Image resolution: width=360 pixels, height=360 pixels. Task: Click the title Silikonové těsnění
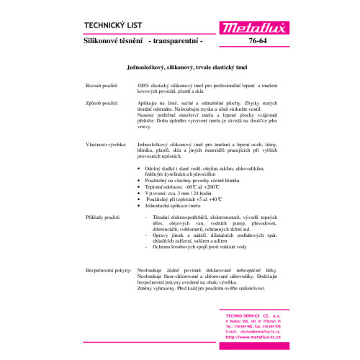[x=114, y=42]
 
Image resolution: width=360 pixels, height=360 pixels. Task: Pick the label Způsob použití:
[x=102, y=103]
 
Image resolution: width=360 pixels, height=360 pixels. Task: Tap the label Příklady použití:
[x=104, y=217]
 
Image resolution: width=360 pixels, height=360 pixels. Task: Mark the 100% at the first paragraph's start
[x=143, y=85]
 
